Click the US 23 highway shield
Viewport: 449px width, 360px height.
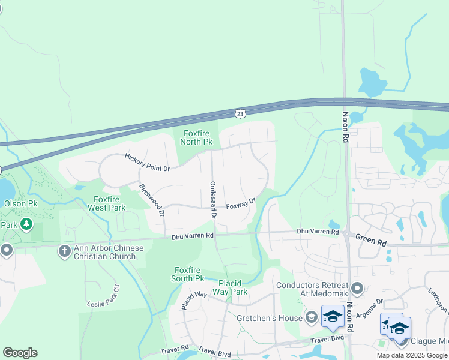pos(240,113)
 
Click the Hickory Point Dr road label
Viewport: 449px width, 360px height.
pos(148,162)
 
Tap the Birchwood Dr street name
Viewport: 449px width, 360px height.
pos(152,199)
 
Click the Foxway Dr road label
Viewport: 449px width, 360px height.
pos(241,205)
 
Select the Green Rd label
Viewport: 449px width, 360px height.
pos(372,241)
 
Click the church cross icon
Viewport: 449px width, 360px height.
pos(64,251)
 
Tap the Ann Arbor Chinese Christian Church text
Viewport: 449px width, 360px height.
pos(109,252)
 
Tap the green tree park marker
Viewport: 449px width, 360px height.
pos(26,224)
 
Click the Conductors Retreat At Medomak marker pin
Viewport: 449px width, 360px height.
pos(358,289)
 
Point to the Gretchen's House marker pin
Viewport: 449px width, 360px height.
pos(311,317)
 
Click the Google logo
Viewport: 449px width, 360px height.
pos(20,352)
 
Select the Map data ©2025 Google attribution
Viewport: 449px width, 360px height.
pos(412,355)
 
